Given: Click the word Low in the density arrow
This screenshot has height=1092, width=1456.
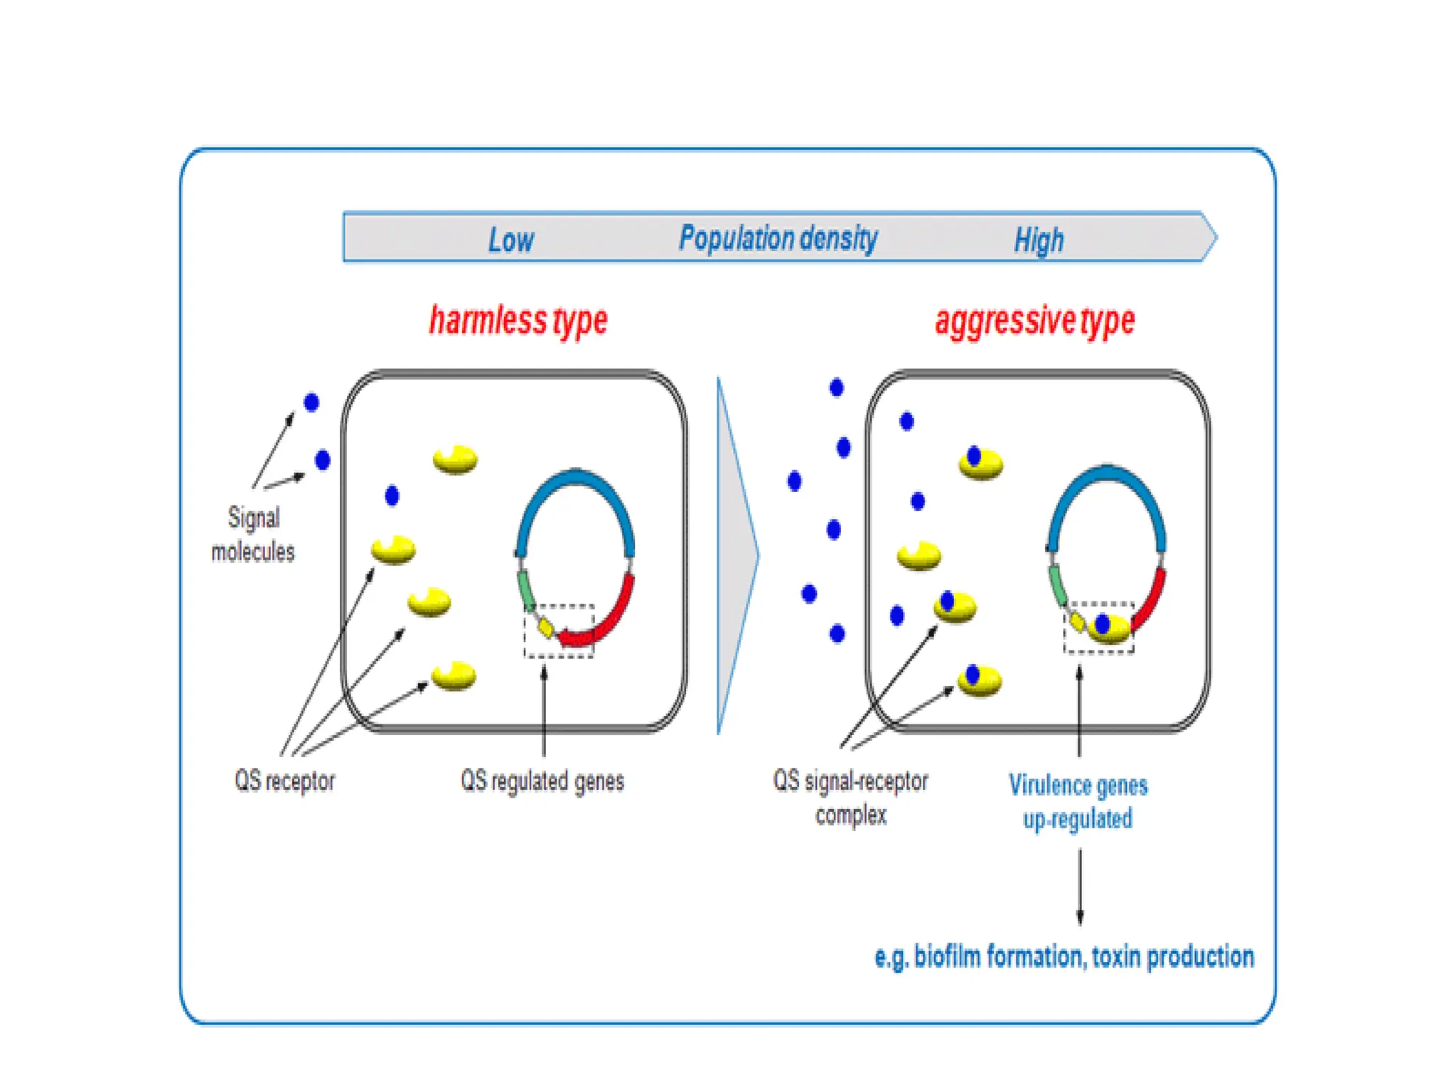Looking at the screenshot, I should [510, 240].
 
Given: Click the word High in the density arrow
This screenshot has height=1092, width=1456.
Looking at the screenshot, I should [1039, 240].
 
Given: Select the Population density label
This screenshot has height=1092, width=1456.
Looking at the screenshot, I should [778, 238].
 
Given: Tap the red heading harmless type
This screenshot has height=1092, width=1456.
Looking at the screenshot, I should [518, 321].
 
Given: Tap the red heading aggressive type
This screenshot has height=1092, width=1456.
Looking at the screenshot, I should [1034, 321].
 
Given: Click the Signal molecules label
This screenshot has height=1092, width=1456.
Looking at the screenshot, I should [253, 535].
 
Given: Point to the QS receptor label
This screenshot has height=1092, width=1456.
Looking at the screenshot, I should [284, 781].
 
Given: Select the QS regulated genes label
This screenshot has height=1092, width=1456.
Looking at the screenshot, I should [542, 781].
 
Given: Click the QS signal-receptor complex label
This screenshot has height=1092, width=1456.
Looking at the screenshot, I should [850, 798].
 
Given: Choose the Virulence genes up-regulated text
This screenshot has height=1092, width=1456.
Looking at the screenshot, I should [1078, 802].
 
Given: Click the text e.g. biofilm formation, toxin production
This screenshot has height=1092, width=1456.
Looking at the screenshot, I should [1064, 957].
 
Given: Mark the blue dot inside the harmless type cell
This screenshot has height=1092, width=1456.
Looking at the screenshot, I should [392, 496].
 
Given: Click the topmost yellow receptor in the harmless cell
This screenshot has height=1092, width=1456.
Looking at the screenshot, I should [456, 460].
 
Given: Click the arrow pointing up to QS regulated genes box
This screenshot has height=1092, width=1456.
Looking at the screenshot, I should [544, 711].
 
